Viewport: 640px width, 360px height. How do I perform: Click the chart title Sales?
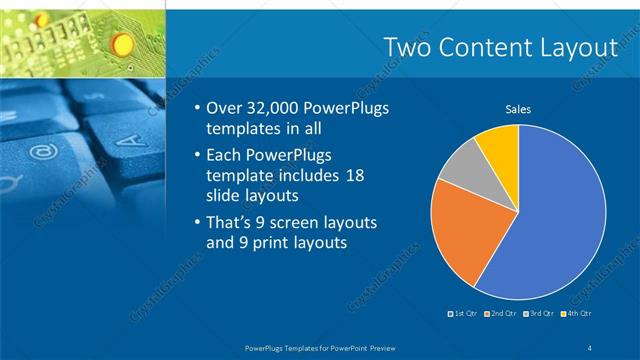coord(517,109)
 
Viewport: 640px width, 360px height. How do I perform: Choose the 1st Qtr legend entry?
coord(463,314)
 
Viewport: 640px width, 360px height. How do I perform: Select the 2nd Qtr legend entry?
coord(499,314)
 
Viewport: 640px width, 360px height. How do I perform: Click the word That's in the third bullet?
coord(231,221)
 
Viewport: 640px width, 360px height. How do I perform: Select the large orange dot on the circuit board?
coord(122,43)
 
